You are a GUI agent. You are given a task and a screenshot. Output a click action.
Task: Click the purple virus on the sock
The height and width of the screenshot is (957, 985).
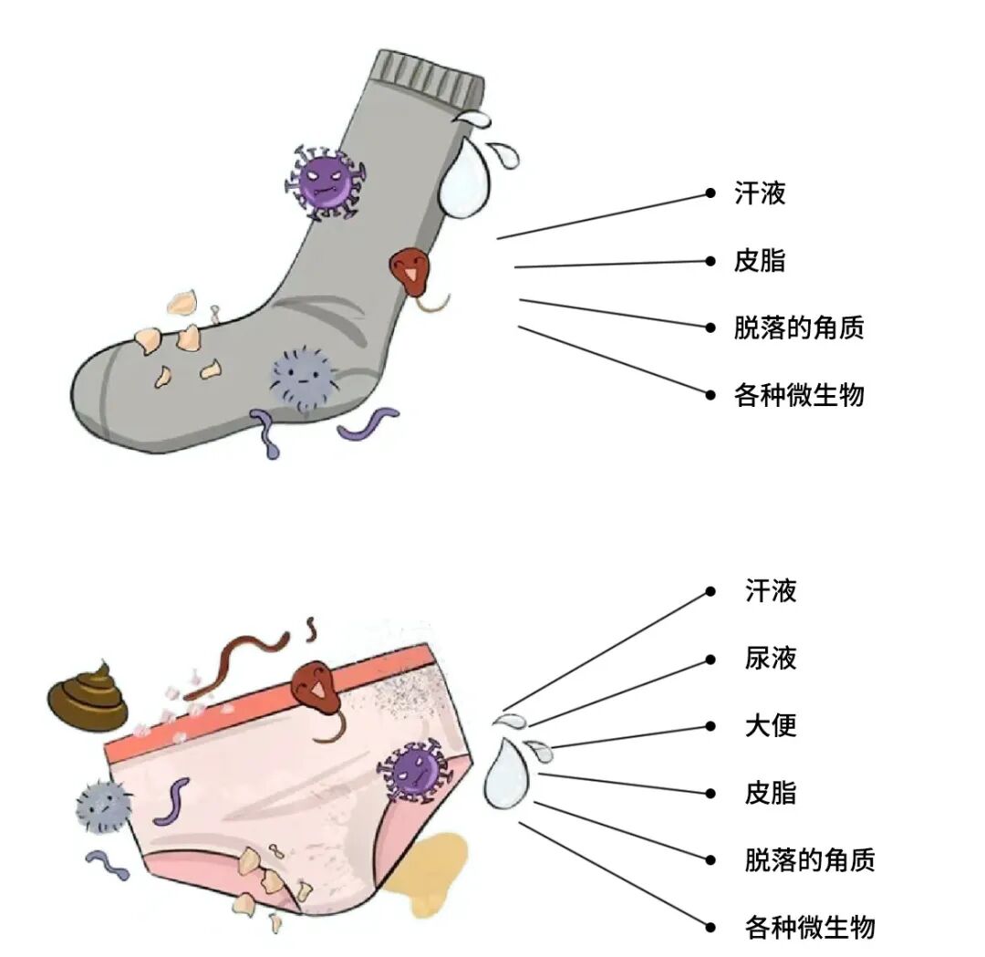pos(324,181)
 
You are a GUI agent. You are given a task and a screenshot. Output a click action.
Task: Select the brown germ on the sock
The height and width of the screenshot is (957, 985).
pos(409,272)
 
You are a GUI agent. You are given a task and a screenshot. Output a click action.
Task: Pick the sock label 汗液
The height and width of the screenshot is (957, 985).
pos(759,193)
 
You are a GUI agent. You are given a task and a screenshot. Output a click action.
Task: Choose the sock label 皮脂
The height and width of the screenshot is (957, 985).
pos(759,261)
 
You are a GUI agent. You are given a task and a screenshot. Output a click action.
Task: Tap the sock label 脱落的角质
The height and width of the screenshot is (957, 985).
pos(798,328)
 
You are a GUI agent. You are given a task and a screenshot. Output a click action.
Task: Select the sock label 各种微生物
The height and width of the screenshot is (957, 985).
pos(798,395)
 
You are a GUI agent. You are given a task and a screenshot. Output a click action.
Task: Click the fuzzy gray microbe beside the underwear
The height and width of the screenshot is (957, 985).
pos(103,803)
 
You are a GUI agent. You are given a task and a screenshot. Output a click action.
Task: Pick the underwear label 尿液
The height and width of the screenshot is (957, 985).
pos(771,658)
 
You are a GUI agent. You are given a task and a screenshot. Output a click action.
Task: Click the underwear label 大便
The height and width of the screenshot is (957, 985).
pos(771,725)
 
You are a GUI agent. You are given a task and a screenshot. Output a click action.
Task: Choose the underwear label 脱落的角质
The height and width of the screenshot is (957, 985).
pos(809,859)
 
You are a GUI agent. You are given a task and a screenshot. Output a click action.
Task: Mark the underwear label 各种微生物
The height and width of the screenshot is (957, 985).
pos(809,927)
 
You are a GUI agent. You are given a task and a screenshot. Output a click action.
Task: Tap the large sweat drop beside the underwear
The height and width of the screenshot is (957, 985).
pos(505,774)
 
